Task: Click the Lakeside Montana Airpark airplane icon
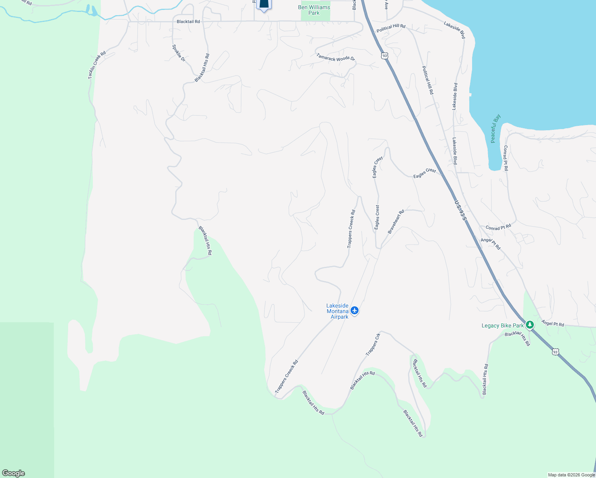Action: pyautogui.click(x=355, y=311)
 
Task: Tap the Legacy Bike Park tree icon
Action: pyautogui.click(x=529, y=325)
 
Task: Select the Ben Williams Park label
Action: pyautogui.click(x=314, y=10)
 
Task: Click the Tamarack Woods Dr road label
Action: pyautogui.click(x=335, y=58)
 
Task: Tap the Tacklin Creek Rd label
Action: pyautogui.click(x=97, y=65)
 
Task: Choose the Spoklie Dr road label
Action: pyautogui.click(x=179, y=53)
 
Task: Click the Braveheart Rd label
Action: pyautogui.click(x=396, y=222)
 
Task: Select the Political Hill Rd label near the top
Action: pyautogui.click(x=391, y=28)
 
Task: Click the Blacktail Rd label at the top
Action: pyautogui.click(x=188, y=22)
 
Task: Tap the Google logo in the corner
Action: pyautogui.click(x=13, y=473)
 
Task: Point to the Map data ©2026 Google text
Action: pyautogui.click(x=571, y=475)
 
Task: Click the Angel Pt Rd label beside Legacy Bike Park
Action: pyautogui.click(x=553, y=323)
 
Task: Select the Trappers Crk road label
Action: pyautogui.click(x=373, y=345)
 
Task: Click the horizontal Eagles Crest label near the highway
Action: pyautogui.click(x=425, y=173)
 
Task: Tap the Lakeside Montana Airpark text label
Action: pyautogui.click(x=337, y=311)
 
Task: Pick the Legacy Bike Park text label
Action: pyautogui.click(x=503, y=325)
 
